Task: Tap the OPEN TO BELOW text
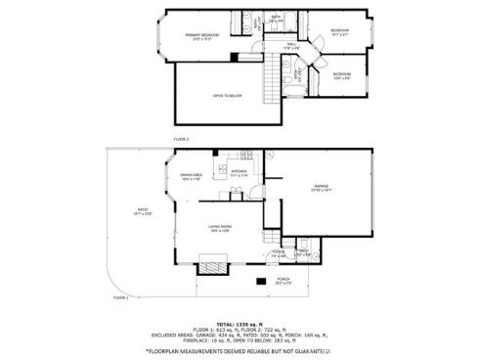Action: click(x=228, y=95)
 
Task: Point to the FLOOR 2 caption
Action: click(x=182, y=139)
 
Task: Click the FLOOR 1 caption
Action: click(x=120, y=295)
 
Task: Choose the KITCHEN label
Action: click(x=239, y=170)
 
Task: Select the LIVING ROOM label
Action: click(x=219, y=227)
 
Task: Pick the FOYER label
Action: click(x=279, y=251)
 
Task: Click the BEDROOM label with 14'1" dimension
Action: click(x=339, y=31)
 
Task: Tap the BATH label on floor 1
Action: click(x=303, y=251)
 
